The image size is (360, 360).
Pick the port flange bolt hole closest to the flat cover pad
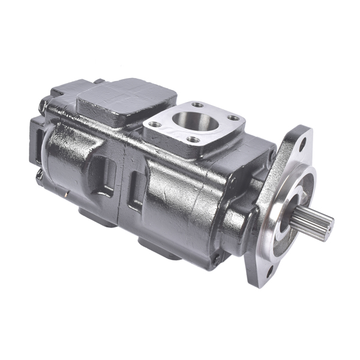155,124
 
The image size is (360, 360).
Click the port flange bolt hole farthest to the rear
197,104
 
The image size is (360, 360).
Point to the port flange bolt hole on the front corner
194,140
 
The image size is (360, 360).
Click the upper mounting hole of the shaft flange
302,143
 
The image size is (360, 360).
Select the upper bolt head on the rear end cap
43,107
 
